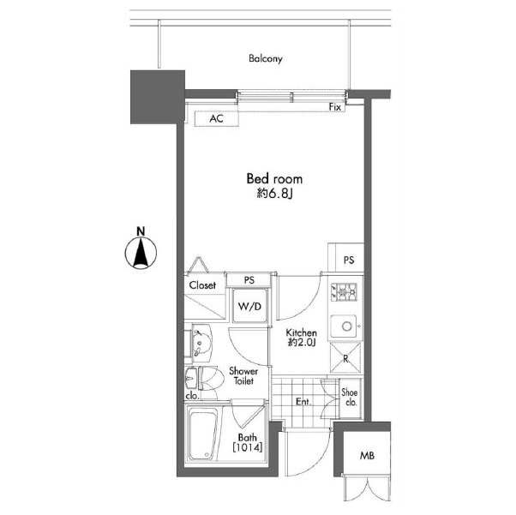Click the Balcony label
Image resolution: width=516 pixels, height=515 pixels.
266,59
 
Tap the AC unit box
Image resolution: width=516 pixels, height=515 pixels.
216,118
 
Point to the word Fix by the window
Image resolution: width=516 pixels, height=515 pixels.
335,107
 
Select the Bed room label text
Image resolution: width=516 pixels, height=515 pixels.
274,179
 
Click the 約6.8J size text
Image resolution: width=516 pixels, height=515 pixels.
274,195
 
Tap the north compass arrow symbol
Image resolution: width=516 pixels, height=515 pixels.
141,253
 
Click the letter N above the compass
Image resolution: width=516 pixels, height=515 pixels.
141,231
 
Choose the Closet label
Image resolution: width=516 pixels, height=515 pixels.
202,285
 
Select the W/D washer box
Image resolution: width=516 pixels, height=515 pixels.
249,306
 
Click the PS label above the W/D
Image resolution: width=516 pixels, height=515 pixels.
249,280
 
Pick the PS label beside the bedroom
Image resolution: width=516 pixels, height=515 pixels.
349,260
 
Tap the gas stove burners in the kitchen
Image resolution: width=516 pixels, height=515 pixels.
344,291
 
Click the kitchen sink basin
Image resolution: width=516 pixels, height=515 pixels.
344,326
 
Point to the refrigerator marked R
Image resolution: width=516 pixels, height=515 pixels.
345,358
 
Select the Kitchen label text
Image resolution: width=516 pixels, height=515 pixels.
301,332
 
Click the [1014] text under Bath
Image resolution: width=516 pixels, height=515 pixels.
248,447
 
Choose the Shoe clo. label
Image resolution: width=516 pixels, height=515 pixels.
350,398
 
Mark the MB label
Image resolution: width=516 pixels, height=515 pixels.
367,456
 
